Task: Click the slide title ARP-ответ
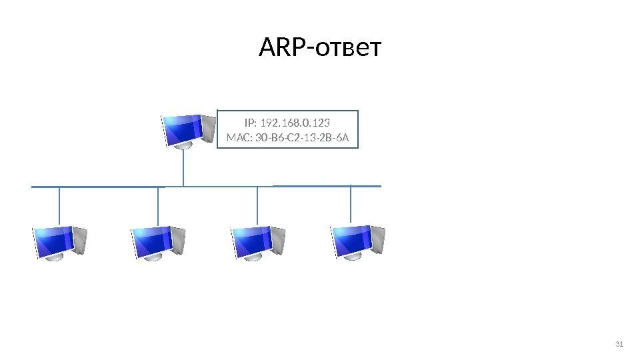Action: [x=319, y=48]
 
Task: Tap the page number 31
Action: [x=618, y=344]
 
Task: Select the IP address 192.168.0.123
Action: [x=300, y=123]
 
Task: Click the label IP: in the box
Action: [x=250, y=123]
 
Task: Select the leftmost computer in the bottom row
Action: [x=60, y=242]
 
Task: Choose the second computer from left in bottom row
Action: [x=159, y=242]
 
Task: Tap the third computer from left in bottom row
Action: [x=258, y=242]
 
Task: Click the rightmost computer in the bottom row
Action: [x=358, y=242]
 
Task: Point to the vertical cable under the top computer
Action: [x=183, y=167]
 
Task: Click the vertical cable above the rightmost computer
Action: [x=351, y=204]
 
